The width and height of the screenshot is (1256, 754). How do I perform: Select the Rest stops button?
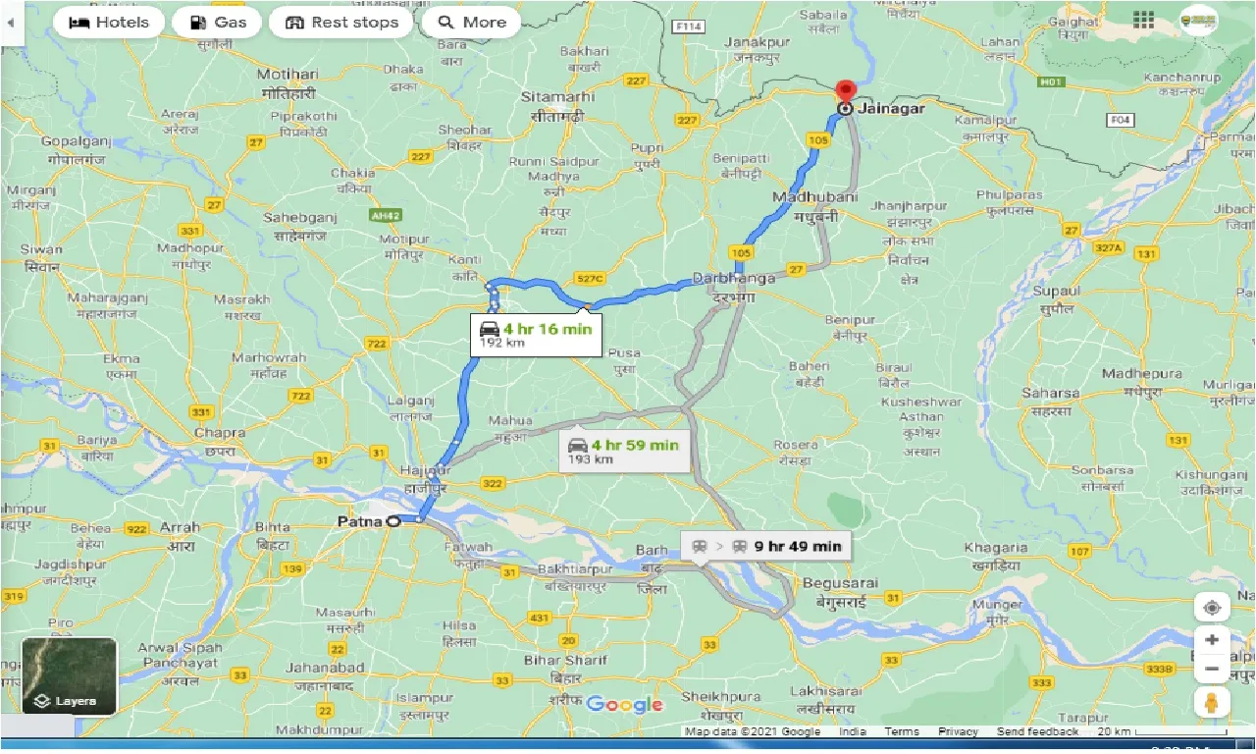[340, 23]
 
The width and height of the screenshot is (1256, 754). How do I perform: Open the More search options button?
[471, 23]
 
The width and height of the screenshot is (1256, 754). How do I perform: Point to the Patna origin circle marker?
[393, 521]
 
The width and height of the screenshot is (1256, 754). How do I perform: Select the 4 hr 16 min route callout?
[536, 334]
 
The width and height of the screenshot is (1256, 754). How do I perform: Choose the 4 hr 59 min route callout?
[623, 450]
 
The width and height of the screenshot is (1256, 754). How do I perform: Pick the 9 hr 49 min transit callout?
[765, 547]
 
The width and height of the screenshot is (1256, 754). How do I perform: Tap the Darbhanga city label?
[734, 279]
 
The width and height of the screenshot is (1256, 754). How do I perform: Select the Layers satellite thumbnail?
[69, 676]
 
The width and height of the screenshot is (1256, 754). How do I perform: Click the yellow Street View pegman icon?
[1212, 703]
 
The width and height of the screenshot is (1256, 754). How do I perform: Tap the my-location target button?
[1212, 608]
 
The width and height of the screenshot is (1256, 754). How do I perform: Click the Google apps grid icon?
[1143, 21]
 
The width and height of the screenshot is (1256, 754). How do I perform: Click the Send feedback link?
[1037, 731]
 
